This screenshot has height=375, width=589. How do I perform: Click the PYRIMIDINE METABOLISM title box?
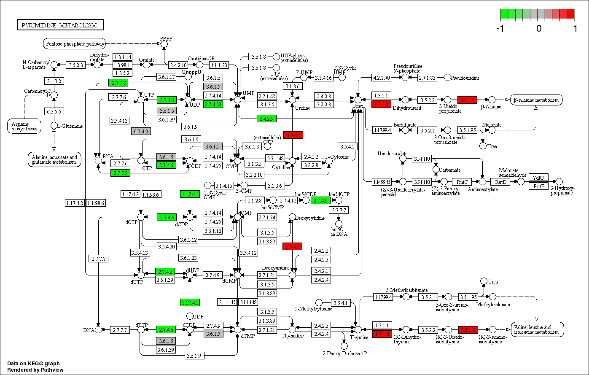click(x=60, y=25)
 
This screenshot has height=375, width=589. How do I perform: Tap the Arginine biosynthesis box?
click(x=24, y=126)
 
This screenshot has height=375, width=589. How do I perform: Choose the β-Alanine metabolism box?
click(x=536, y=100)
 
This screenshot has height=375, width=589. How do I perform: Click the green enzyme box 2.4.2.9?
click(x=267, y=119)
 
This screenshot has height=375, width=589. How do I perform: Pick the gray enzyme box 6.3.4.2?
click(x=141, y=131)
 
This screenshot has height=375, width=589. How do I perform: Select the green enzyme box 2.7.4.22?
click(x=213, y=104)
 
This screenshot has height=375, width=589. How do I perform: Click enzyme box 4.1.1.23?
click(x=219, y=65)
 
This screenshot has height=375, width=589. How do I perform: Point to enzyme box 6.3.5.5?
click(x=54, y=111)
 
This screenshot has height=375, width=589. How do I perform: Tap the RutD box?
click(x=500, y=182)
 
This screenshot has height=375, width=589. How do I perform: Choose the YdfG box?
click(x=538, y=178)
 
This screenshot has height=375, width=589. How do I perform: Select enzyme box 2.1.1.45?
click(x=227, y=302)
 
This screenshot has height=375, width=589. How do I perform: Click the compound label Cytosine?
click(x=339, y=157)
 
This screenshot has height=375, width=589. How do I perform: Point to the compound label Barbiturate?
click(x=405, y=125)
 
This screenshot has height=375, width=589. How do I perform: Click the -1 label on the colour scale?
click(x=501, y=28)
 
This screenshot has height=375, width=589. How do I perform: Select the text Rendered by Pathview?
click(x=33, y=369)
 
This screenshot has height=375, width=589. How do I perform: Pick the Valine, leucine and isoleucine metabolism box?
click(x=537, y=329)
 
